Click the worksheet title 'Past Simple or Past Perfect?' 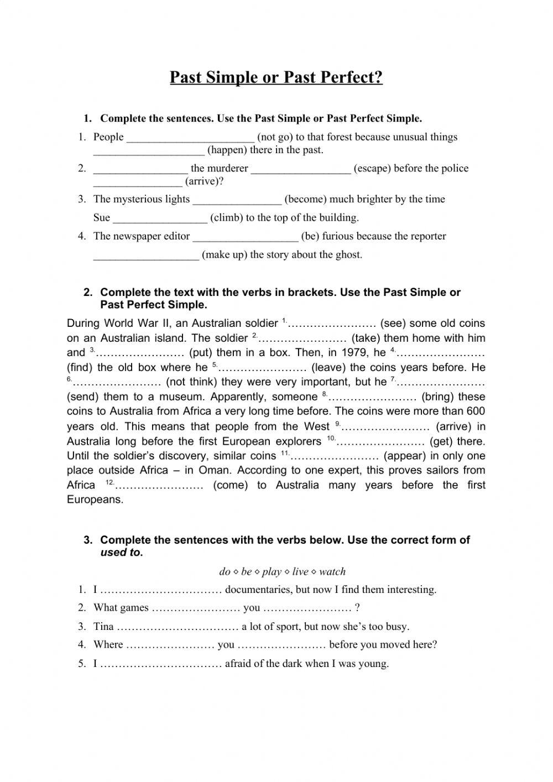click(276, 77)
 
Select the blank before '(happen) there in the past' click(149, 150)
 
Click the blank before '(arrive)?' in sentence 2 click(138, 182)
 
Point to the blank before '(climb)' click(160, 218)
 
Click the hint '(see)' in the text click(393, 324)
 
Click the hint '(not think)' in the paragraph click(191, 382)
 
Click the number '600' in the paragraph click(476, 411)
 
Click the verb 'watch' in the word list click(332, 572)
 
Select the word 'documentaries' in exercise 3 click(257, 590)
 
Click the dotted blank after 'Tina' click(178, 627)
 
